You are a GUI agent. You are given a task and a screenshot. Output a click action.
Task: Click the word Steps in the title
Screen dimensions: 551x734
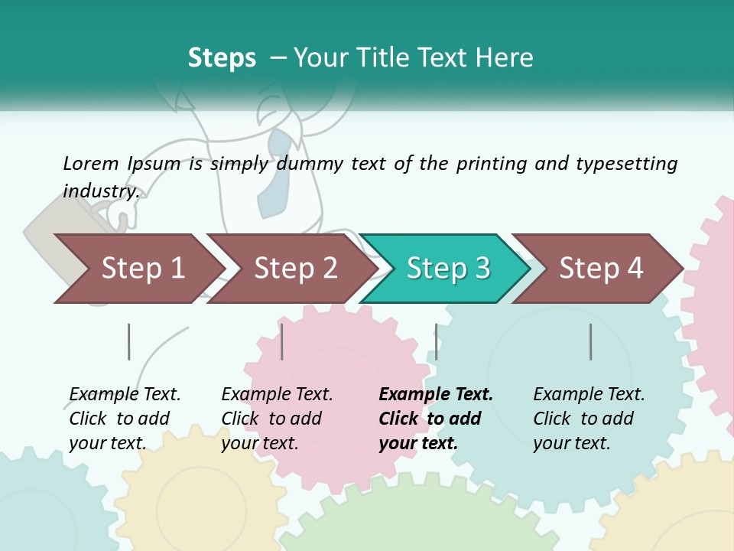(x=222, y=58)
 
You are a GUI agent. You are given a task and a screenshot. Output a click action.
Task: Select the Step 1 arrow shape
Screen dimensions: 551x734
(x=142, y=268)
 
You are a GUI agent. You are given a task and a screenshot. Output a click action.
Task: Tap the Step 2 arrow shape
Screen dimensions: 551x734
(x=295, y=268)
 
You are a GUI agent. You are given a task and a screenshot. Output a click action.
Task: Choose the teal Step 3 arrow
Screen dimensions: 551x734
(x=448, y=268)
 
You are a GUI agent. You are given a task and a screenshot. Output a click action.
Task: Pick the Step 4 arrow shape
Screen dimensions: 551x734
(x=601, y=268)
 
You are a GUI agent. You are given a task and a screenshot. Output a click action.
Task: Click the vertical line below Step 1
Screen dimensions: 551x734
(x=128, y=341)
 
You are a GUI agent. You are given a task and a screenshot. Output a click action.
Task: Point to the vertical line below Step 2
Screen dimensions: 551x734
(x=282, y=341)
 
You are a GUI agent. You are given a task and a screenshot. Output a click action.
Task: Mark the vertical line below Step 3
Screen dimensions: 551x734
(x=436, y=341)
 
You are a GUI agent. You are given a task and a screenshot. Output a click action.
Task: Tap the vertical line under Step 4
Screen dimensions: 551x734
(x=590, y=341)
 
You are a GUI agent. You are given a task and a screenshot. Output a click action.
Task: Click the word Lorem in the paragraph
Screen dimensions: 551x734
(x=90, y=164)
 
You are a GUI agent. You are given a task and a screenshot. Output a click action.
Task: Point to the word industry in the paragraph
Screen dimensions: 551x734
(x=100, y=191)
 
